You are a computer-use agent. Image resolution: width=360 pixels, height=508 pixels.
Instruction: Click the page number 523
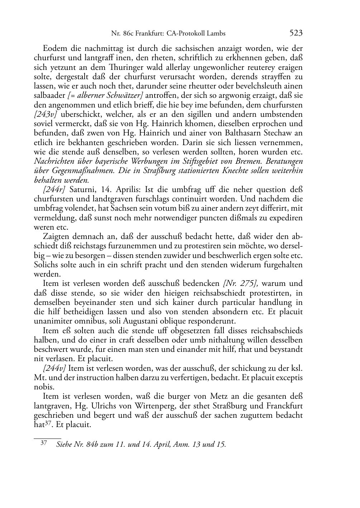pos(296,33)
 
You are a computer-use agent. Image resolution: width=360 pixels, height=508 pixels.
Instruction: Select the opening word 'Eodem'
pos(53,49)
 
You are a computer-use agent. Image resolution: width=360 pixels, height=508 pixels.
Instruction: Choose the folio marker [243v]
pos(46,115)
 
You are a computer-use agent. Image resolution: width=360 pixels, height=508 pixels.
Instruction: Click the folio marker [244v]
pos(54,368)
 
